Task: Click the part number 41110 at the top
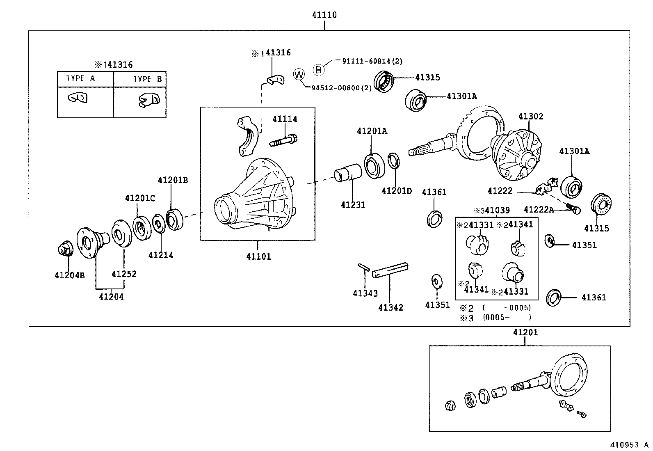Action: pyautogui.click(x=324, y=15)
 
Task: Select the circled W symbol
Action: pyautogui.click(x=299, y=75)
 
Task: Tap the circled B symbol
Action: pyautogui.click(x=319, y=70)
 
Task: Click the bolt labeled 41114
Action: pyautogui.click(x=284, y=141)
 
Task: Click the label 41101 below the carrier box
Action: pyautogui.click(x=258, y=257)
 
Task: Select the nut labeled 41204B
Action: pyautogui.click(x=64, y=250)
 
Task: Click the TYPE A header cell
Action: pyautogui.click(x=81, y=78)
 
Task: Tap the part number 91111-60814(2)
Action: pyautogui.click(x=372, y=61)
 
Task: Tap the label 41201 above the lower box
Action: pyautogui.click(x=525, y=332)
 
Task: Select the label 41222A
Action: pyautogui.click(x=539, y=210)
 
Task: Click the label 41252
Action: pyautogui.click(x=124, y=274)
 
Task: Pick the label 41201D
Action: pyautogui.click(x=396, y=191)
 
